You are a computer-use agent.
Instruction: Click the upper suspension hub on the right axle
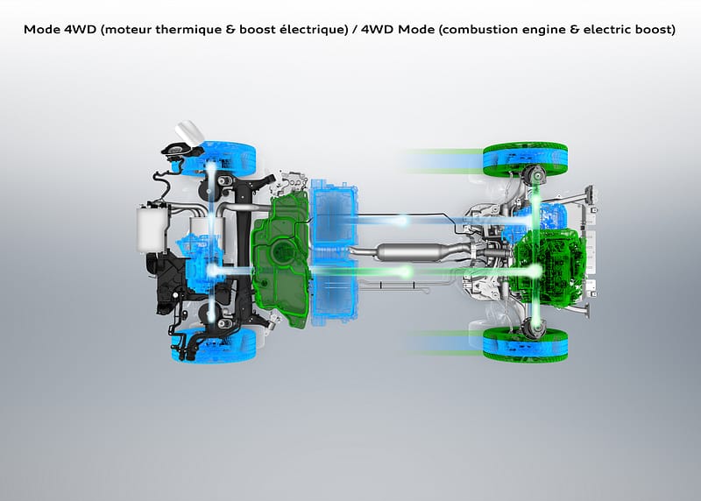pyautogui.click(x=533, y=178)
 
